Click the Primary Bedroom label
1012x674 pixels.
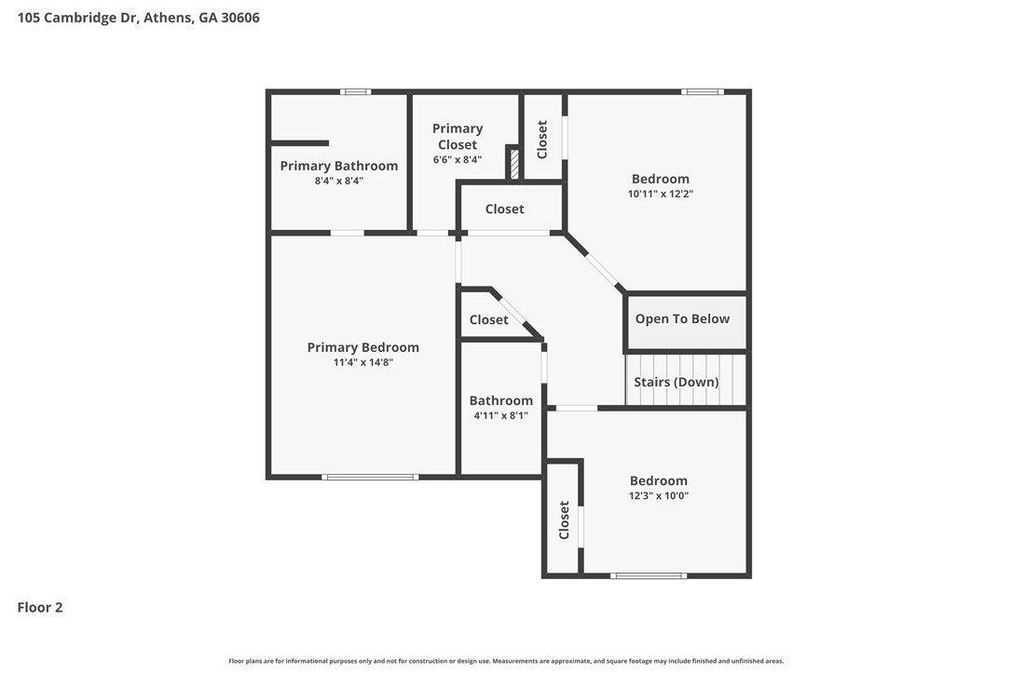(x=362, y=347)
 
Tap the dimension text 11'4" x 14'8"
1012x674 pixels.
(x=362, y=362)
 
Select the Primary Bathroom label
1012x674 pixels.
(x=339, y=166)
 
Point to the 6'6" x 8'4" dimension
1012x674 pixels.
(x=457, y=159)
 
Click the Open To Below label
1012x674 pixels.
(x=682, y=318)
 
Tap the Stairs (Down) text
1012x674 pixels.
(x=677, y=382)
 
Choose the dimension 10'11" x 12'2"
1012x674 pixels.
(x=661, y=194)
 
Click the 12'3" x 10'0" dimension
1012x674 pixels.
(x=658, y=496)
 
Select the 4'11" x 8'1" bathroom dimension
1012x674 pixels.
(x=500, y=415)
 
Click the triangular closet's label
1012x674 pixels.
(x=488, y=320)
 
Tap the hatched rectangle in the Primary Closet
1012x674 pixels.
(x=514, y=165)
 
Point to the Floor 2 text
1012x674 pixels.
(x=40, y=607)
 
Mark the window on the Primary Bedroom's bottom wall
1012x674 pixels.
(x=370, y=478)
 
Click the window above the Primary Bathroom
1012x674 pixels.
(x=356, y=91)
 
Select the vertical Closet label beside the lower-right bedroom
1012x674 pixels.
(x=564, y=519)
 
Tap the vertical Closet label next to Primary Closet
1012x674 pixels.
(x=542, y=140)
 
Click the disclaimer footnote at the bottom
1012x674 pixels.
(x=506, y=660)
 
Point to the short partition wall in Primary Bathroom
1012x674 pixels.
(x=299, y=143)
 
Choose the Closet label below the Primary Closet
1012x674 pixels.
(x=505, y=209)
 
